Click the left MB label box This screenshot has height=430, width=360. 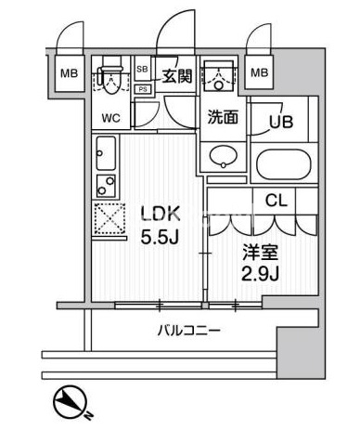(68, 72)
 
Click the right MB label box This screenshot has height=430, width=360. (259, 72)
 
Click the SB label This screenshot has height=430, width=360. (143, 69)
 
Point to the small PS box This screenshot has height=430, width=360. (143, 88)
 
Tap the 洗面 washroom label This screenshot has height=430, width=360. (222, 118)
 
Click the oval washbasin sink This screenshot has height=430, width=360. (223, 156)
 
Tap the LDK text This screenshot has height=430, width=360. (157, 215)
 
